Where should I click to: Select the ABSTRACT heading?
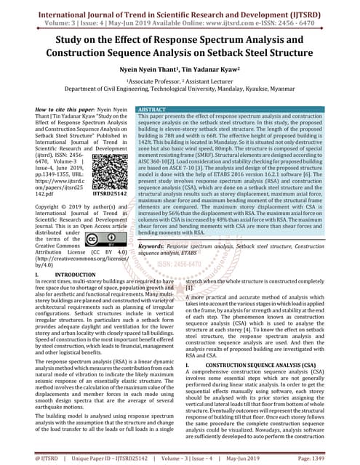[x=155, y=107]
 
